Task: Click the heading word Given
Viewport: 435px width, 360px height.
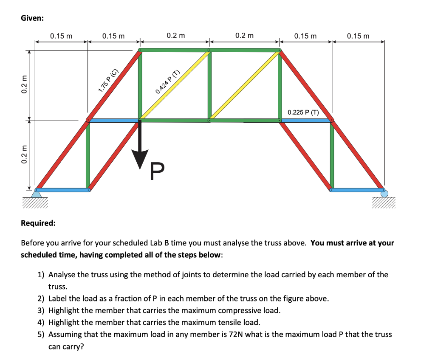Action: click(x=32, y=18)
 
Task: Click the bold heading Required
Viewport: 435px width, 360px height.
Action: click(x=38, y=223)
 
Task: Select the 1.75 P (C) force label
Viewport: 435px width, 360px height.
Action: click(x=108, y=80)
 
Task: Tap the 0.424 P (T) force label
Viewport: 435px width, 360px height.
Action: click(x=168, y=81)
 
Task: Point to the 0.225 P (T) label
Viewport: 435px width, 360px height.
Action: click(x=303, y=112)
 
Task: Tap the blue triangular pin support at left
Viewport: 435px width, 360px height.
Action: click(x=37, y=194)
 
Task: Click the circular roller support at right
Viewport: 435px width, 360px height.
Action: click(x=384, y=193)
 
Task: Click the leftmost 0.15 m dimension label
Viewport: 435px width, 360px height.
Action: click(x=61, y=36)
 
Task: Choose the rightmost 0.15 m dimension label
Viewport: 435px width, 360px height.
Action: click(x=358, y=36)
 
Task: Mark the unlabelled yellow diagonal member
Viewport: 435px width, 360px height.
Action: click(x=244, y=85)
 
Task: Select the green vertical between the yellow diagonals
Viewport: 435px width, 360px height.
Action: click(x=209, y=85)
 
